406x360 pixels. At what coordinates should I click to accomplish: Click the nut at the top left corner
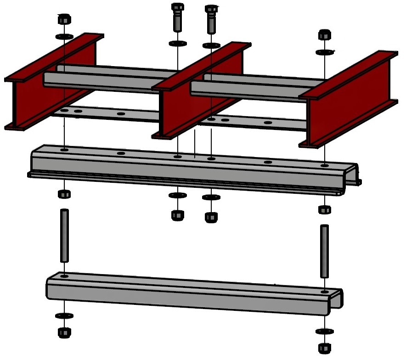[64, 20]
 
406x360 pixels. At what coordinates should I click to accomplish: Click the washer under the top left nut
[64, 36]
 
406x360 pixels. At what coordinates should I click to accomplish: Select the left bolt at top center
[177, 17]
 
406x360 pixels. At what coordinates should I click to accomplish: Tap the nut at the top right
[324, 35]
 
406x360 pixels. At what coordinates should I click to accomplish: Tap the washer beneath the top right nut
[325, 52]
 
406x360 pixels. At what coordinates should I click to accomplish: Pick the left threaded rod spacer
[64, 236]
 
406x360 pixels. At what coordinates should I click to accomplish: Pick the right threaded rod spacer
[325, 251]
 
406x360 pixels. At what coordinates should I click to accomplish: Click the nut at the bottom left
[64, 332]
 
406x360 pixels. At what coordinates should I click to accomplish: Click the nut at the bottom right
[325, 348]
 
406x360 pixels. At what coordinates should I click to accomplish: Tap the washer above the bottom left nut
[63, 316]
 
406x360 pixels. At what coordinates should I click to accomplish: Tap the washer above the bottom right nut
[325, 331]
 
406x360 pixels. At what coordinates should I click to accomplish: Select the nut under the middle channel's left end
[64, 193]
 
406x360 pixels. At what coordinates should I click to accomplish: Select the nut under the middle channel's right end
[324, 209]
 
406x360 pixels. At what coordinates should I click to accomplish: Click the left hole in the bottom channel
[64, 276]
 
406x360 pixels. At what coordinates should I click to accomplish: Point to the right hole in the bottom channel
[325, 291]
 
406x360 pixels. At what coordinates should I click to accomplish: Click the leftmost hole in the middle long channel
[64, 150]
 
